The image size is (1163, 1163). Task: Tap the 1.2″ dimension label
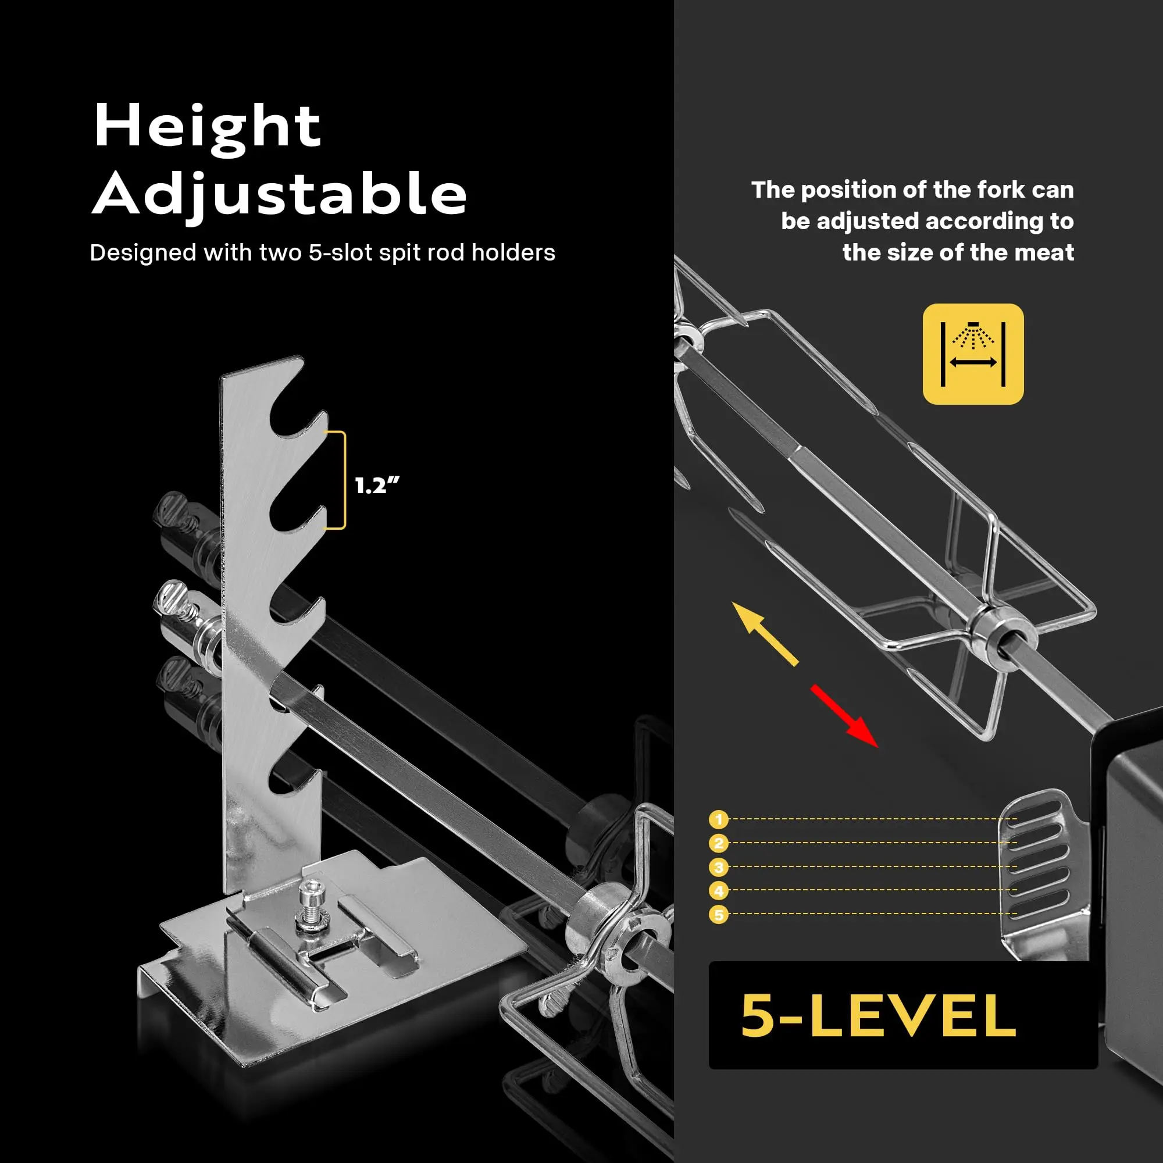click(377, 486)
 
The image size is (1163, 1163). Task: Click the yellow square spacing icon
click(973, 354)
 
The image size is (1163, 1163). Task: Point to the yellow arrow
click(765, 633)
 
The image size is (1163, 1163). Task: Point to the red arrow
click(844, 716)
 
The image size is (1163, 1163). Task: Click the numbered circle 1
click(718, 819)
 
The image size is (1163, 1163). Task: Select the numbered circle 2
click(718, 843)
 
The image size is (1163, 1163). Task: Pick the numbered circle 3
click(718, 868)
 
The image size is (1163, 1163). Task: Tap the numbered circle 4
click(718, 891)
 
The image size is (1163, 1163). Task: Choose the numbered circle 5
click(718, 915)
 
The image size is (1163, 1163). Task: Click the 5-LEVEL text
click(879, 1015)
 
